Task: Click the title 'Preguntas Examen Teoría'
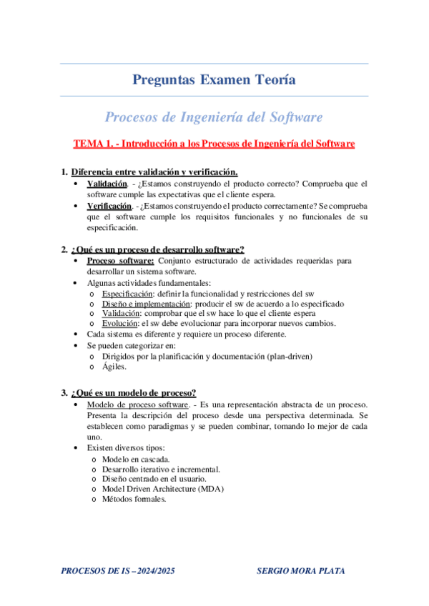click(214, 80)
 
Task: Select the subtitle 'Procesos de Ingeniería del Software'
click(214, 116)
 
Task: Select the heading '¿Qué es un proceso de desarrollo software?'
click(157, 249)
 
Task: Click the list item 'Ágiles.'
click(114, 367)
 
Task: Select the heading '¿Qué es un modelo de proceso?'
click(134, 392)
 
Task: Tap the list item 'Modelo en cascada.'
click(136, 460)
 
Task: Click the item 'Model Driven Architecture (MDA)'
click(163, 490)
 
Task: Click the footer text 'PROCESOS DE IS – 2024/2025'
click(119, 571)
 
